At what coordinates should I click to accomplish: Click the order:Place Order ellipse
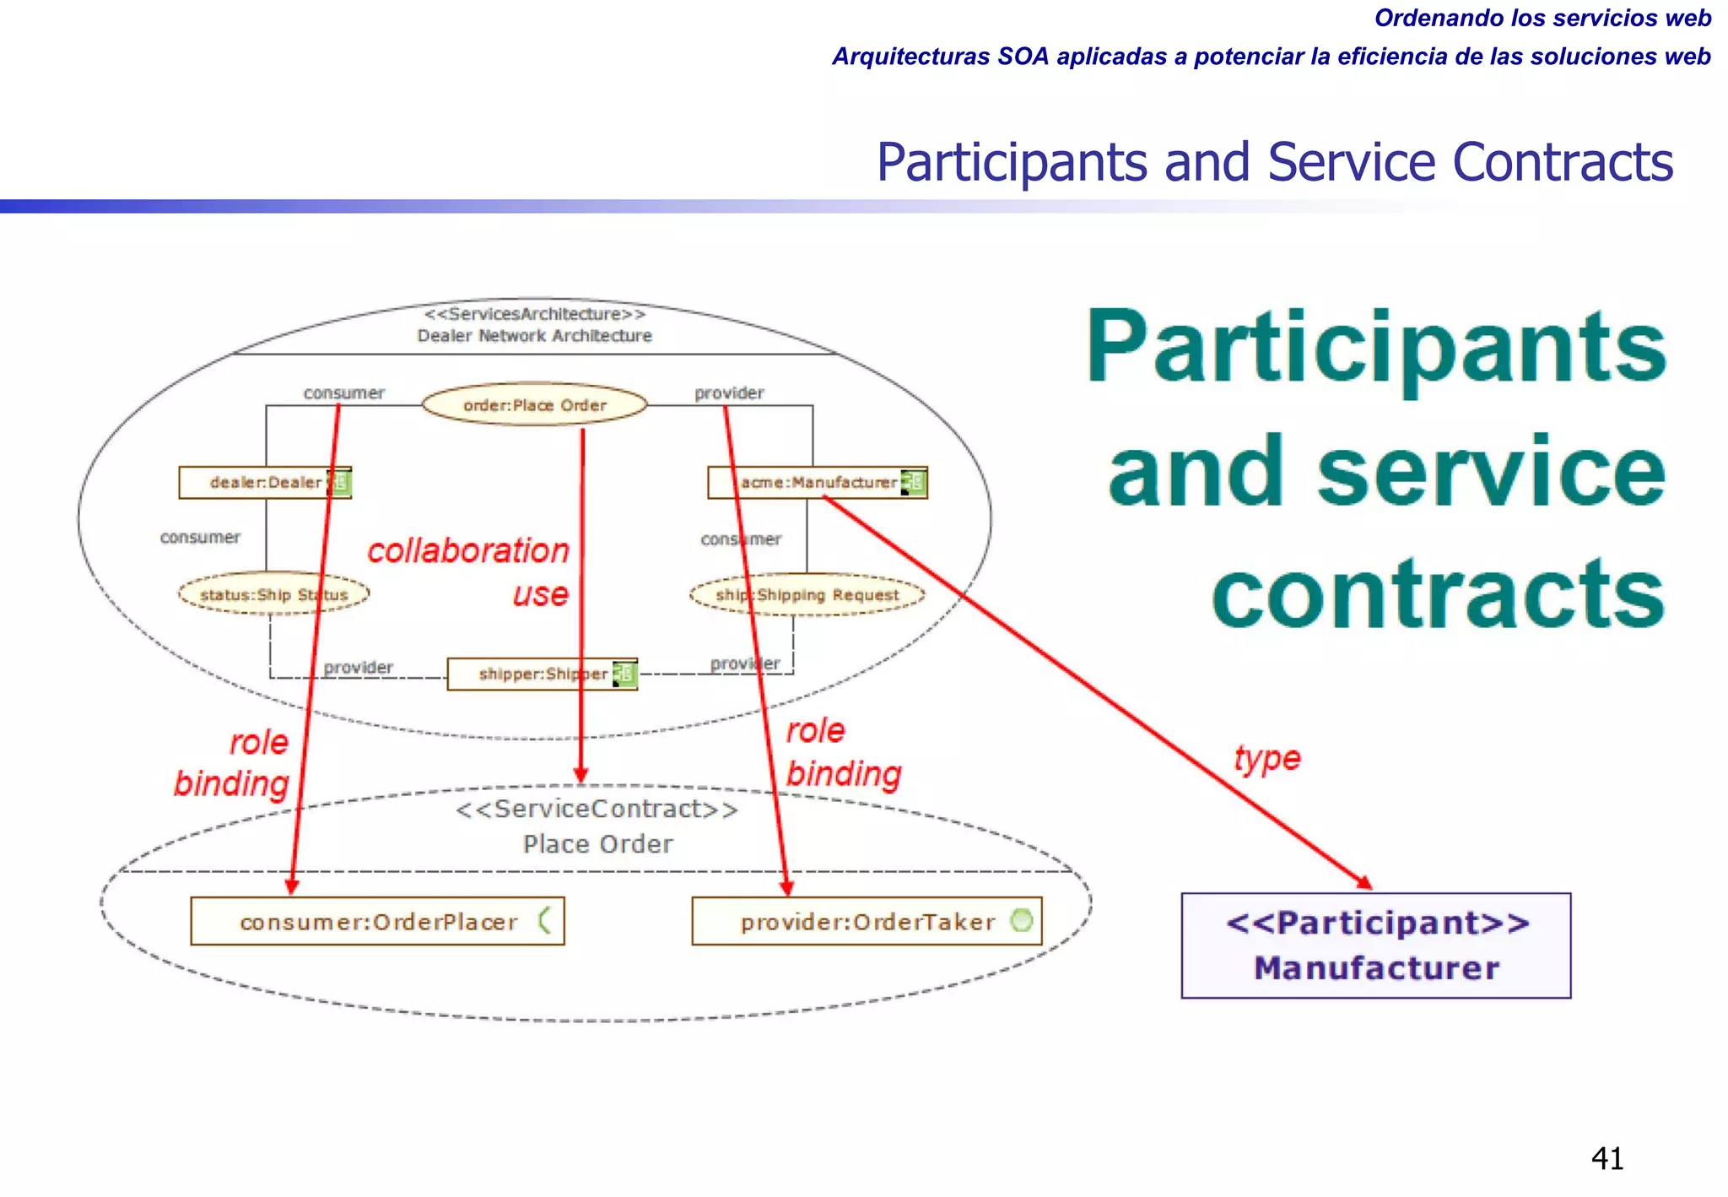534,405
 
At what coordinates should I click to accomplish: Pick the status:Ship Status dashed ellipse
273,595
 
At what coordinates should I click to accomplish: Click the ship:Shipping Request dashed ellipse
807,595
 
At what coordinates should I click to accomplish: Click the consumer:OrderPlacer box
377,922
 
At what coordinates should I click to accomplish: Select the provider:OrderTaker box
867,922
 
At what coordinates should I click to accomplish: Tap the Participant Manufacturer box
1375,945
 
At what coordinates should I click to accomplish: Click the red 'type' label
1266,758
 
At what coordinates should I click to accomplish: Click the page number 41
1606,1158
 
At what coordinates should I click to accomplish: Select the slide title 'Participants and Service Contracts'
1274,162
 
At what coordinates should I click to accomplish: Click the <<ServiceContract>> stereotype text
597,810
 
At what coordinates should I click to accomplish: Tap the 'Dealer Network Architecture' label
534,336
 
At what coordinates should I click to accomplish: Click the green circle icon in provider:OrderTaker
1021,920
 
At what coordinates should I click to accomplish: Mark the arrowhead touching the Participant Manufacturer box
1364,882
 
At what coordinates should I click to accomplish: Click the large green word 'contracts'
1438,594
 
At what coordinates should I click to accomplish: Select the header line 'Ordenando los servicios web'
1542,18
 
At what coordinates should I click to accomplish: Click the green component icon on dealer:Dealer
339,482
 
